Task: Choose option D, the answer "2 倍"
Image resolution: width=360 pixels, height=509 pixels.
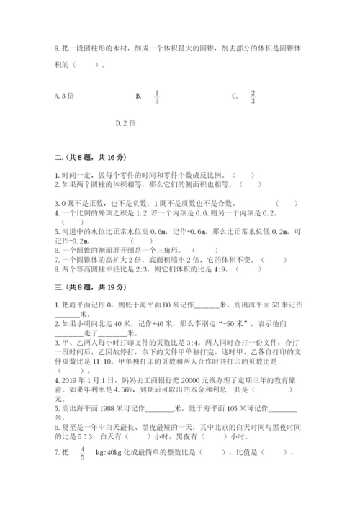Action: coord(126,122)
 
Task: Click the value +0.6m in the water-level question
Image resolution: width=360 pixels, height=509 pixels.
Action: coord(190,231)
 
